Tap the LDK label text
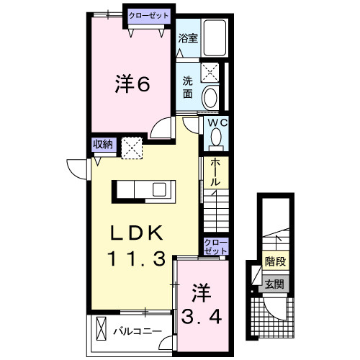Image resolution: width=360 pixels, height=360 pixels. click(x=136, y=234)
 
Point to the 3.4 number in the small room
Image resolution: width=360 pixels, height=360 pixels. click(x=202, y=315)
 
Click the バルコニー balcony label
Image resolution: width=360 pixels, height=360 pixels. click(x=136, y=332)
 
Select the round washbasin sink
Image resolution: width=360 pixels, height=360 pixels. click(x=211, y=96)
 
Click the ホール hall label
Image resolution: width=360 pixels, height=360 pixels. click(x=215, y=173)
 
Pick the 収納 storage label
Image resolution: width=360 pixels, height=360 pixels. click(x=102, y=143)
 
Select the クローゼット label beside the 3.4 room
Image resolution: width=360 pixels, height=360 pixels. click(x=215, y=246)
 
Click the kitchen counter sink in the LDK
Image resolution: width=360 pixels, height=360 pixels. click(x=160, y=189)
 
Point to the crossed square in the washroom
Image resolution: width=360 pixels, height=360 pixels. click(x=211, y=71)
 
